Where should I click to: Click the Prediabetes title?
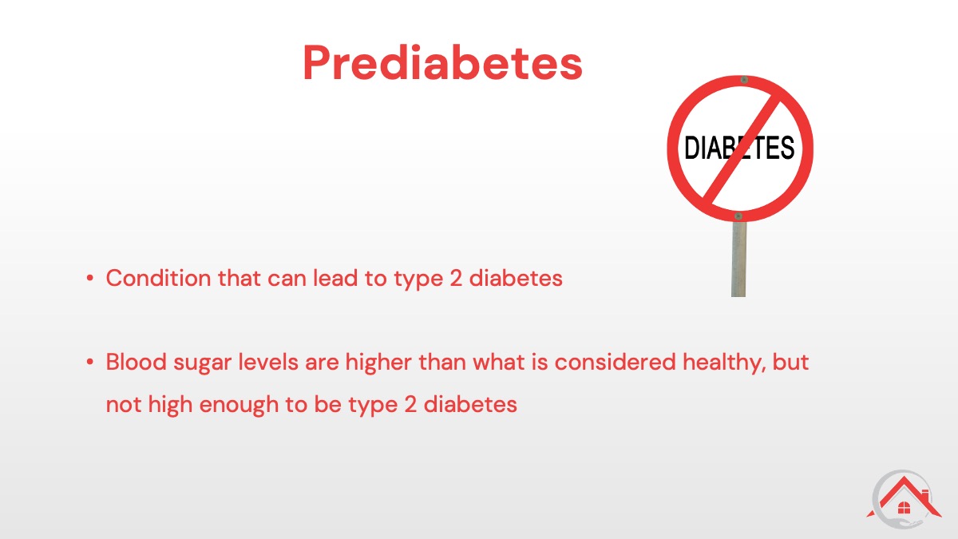point(442,63)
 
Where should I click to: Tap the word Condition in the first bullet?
point(158,278)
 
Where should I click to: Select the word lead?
point(335,278)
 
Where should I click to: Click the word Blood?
point(136,362)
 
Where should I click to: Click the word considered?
point(616,362)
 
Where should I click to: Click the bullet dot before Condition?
point(89,279)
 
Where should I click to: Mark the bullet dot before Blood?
point(89,363)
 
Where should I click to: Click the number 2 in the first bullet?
point(457,278)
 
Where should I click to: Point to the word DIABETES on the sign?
point(739,148)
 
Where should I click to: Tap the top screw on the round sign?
point(744,80)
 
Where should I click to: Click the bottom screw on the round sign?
point(738,216)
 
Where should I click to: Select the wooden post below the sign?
point(738,259)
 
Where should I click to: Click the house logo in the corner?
point(904,499)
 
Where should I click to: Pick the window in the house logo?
point(904,508)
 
